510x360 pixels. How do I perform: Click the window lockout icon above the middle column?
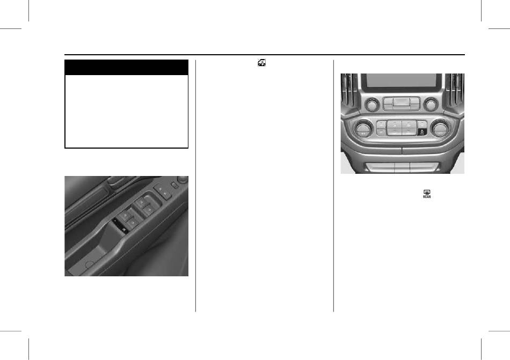[262, 62]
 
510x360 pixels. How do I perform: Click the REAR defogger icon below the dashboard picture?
[427, 194]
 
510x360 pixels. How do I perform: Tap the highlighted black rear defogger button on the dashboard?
[421, 131]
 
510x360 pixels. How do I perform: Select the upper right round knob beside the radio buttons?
[431, 104]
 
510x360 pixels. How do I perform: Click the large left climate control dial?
[362, 129]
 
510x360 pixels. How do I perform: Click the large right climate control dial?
[440, 128]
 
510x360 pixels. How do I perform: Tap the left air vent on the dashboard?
[349, 91]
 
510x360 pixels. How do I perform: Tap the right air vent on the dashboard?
[455, 91]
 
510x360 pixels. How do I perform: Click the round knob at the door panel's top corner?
[183, 179]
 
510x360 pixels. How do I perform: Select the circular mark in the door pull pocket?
[89, 265]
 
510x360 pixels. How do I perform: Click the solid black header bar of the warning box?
[127, 67]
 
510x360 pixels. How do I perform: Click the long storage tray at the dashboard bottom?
[402, 167]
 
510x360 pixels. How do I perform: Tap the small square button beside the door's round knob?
[174, 186]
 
